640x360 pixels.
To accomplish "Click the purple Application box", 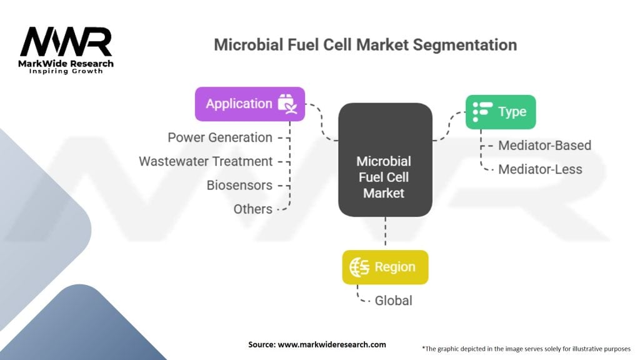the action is (250, 104).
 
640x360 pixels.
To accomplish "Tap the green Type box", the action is (501, 112).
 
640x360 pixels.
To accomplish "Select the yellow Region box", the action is (385, 267).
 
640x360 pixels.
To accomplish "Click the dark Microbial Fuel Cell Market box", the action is (385, 159).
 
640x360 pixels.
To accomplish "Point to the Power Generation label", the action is (220, 137).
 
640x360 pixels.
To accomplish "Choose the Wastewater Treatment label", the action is (206, 161).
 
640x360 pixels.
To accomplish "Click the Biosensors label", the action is (239, 185).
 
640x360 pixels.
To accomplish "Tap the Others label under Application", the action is (253, 209).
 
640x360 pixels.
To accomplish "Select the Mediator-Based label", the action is (545, 145).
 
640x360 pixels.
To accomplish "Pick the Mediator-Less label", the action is (541, 169).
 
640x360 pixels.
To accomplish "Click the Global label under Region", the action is (394, 301).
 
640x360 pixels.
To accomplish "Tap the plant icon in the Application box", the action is (287, 104).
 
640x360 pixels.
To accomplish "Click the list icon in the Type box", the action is (482, 112).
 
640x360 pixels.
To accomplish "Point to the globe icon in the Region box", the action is (359, 267).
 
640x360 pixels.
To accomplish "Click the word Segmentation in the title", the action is (465, 45).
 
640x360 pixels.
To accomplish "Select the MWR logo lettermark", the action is (66, 42).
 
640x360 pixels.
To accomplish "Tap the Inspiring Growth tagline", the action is (66, 71).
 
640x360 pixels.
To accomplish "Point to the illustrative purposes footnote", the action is (526, 349).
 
